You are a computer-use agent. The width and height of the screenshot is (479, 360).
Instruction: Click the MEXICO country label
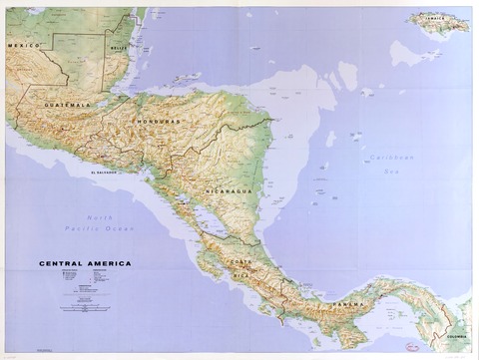pos(22,46)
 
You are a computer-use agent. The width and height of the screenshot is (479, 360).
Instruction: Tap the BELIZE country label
pos(119,46)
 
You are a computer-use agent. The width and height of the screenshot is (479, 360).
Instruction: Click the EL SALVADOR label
pos(106,172)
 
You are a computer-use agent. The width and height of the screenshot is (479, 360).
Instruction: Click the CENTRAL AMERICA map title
pos(85,264)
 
